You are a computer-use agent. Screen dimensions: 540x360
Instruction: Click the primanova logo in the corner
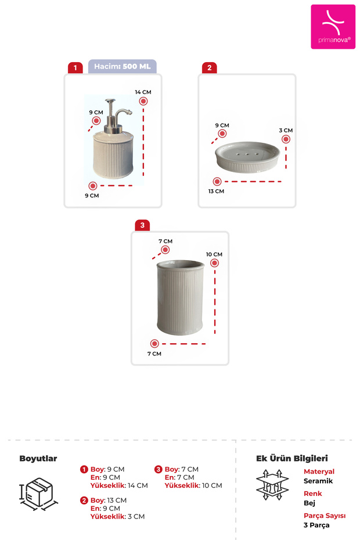(x=333, y=27)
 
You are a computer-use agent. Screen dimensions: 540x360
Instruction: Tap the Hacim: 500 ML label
(x=122, y=67)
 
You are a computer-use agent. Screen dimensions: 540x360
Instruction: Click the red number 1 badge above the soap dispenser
(x=75, y=68)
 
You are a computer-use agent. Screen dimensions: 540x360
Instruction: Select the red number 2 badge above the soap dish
(x=209, y=68)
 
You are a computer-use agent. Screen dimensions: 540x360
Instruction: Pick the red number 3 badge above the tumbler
(x=142, y=225)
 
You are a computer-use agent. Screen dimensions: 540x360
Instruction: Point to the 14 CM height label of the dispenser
(x=143, y=92)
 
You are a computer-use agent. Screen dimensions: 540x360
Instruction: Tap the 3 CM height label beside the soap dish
(x=286, y=131)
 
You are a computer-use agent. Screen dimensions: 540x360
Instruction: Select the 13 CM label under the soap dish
(x=216, y=191)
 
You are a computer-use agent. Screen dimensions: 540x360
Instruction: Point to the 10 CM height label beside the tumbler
(x=214, y=254)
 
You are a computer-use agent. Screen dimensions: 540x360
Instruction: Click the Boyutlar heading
(x=38, y=458)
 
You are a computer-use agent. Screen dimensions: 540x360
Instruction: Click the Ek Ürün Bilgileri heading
(x=292, y=458)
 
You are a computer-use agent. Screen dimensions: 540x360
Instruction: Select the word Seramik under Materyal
(x=318, y=481)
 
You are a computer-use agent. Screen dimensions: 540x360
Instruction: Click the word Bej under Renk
(x=309, y=503)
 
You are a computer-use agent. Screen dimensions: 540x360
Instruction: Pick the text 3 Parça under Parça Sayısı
(x=316, y=525)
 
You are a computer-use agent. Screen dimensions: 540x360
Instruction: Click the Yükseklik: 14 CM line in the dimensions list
(x=118, y=485)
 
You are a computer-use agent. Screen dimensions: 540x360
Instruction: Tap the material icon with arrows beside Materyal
(x=272, y=485)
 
